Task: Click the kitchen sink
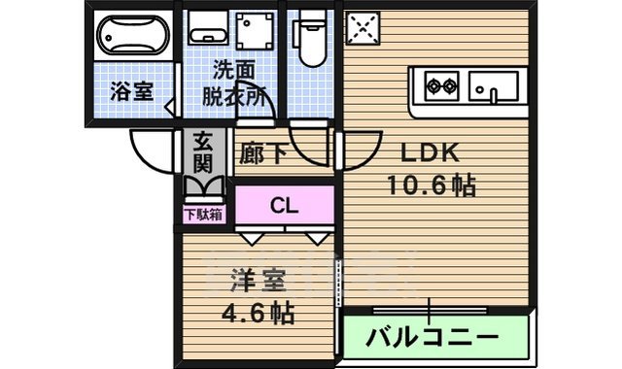(495, 88)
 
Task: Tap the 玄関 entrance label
(203, 152)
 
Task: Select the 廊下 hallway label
(260, 153)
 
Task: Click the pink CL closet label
(284, 206)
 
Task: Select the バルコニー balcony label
(433, 339)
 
